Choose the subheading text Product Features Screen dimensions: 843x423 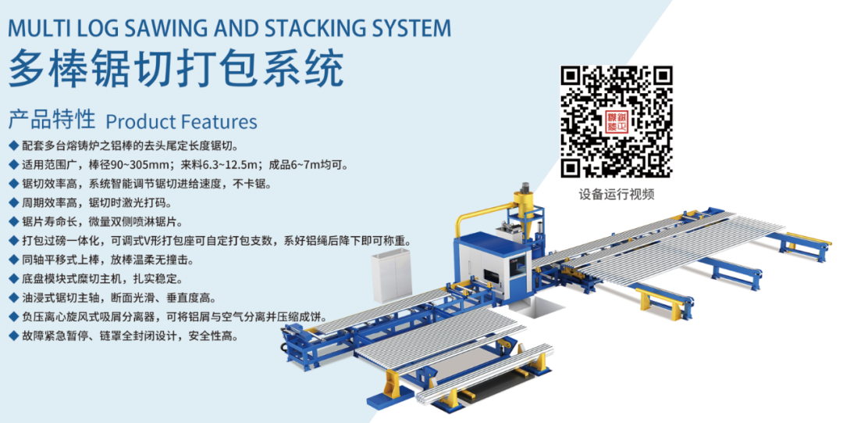click(181, 122)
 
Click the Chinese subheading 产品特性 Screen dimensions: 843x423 click(52, 120)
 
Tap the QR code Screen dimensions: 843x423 click(617, 121)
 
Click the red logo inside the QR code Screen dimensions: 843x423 click(617, 121)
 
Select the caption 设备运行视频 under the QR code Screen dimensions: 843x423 click(617, 194)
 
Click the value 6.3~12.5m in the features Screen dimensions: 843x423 click(226, 165)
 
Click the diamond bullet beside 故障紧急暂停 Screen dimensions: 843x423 click(12, 336)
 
